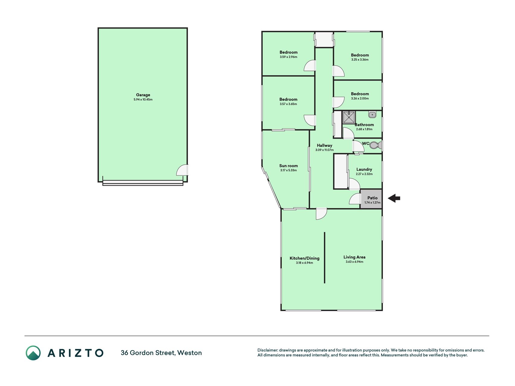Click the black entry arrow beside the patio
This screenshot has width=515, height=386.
pos(394,198)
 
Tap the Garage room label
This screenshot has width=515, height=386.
pos(143,95)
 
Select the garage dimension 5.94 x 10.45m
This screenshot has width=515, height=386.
pos(143,100)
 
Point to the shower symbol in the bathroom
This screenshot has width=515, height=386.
pos(349,117)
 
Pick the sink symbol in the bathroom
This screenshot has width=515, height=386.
pos(372,115)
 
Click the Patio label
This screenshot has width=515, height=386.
pos(372,198)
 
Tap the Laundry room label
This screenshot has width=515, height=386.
pos(364,169)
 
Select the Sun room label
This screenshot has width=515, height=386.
pos(288,166)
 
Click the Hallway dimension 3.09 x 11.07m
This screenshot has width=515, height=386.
pos(324,150)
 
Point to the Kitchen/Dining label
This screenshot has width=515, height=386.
pos(304,258)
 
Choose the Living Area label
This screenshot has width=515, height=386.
pos(354,257)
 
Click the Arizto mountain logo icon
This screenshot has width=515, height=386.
pos(33,353)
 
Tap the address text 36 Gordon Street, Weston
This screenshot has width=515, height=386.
pos(161,353)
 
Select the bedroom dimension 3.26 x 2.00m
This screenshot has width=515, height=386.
pos(360,98)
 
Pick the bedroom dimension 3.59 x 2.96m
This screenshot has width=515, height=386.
pos(288,57)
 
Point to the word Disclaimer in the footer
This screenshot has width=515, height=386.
pos(268,350)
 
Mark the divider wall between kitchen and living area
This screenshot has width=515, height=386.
pos(325,258)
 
